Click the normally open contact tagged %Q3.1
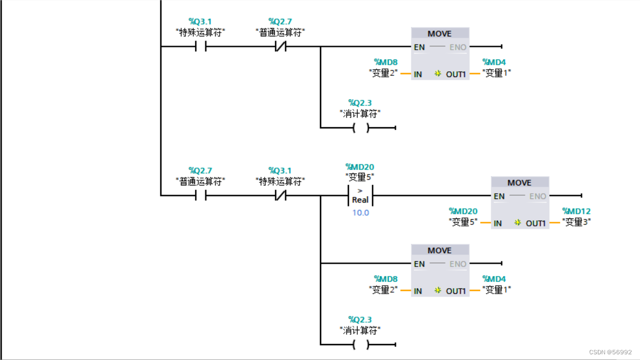(200, 46)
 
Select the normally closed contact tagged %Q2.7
(280, 46)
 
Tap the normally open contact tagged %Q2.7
(200, 195)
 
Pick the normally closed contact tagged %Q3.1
(280, 195)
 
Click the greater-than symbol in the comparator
(360, 190)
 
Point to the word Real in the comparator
(360, 200)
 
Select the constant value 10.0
(360, 213)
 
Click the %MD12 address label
(576, 211)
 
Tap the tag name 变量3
(576, 222)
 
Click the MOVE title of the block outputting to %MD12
(519, 183)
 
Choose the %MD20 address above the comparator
(360, 167)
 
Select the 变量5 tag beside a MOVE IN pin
(463, 222)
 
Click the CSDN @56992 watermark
(610, 352)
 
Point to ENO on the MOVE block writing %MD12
(537, 196)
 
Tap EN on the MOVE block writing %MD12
(499, 196)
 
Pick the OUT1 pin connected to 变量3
(536, 223)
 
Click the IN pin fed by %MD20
(498, 223)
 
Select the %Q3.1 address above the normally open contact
(200, 22)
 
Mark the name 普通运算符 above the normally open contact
(200, 181)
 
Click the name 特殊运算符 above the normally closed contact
(280, 181)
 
